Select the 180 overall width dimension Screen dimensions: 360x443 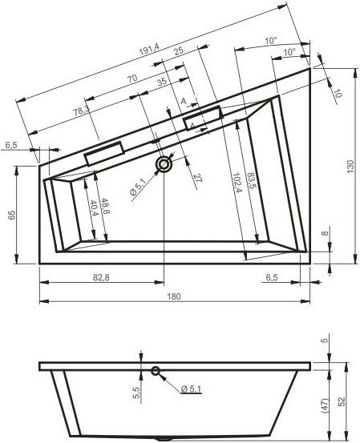click(x=174, y=296)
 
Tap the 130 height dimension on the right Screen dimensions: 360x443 click(x=350, y=167)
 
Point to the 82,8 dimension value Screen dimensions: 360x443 click(x=101, y=277)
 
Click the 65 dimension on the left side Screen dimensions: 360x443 click(x=12, y=215)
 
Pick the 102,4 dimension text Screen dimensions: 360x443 click(x=237, y=183)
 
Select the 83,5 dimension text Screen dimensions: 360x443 click(x=251, y=181)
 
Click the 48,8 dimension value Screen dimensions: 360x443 click(x=104, y=206)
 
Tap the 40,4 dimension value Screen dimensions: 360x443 click(x=94, y=208)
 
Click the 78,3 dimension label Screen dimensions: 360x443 click(x=82, y=111)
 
